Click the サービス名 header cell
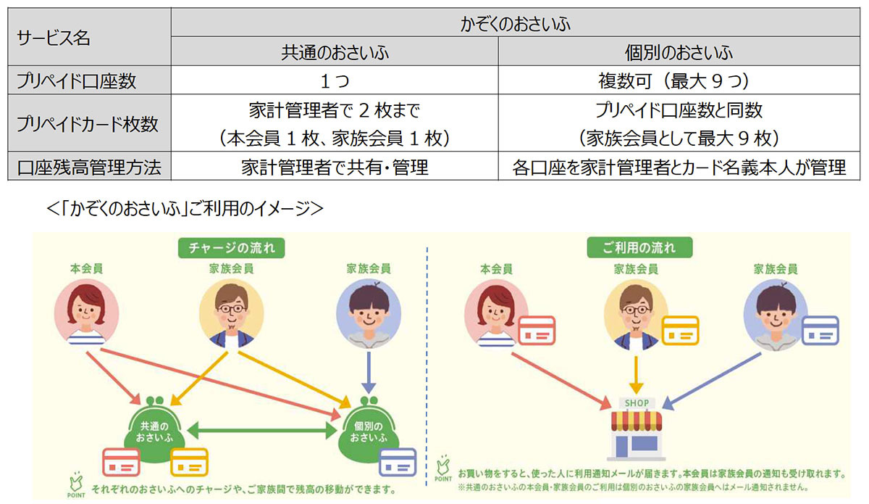click(89, 37)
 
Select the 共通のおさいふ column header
click(335, 51)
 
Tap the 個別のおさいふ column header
click(679, 51)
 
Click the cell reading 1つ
click(335, 80)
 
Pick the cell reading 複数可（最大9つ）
click(679, 80)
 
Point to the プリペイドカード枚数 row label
click(89, 123)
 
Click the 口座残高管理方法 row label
click(89, 166)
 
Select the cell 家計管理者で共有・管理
click(335, 166)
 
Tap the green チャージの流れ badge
click(231, 247)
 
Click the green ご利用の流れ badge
click(639, 247)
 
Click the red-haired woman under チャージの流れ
click(86, 313)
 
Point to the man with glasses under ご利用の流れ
click(637, 315)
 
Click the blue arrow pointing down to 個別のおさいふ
click(368, 372)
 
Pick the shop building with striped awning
click(637, 429)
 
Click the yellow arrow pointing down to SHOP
click(637, 375)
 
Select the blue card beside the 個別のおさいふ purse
click(398, 462)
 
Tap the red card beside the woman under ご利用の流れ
click(537, 331)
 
